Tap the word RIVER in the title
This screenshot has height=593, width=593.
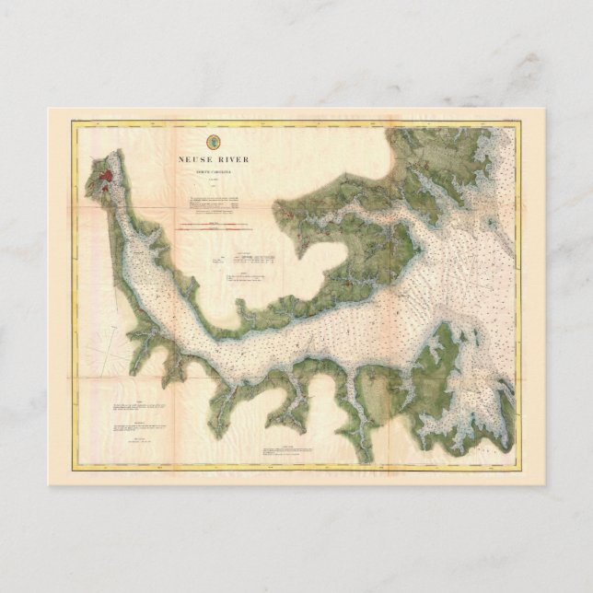click(232, 158)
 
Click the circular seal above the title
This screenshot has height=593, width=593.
click(213, 142)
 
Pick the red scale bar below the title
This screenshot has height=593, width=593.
click(213, 224)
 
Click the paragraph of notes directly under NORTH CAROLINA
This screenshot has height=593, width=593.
click(213, 203)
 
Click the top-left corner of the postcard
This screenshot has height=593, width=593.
click(49, 109)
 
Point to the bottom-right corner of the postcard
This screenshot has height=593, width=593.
click(546, 485)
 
